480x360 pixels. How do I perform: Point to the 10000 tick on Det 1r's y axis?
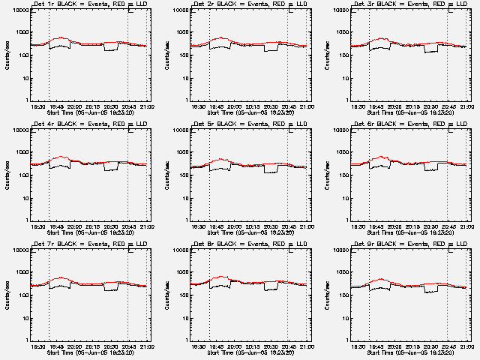[18, 10]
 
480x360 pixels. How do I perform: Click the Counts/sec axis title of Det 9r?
[327, 294]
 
